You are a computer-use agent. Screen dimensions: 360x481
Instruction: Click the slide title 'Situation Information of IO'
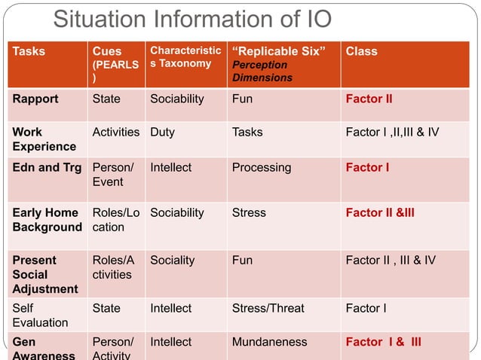click(192, 20)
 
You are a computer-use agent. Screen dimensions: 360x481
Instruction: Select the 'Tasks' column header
click(29, 52)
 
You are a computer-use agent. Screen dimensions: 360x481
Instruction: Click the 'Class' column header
click(361, 52)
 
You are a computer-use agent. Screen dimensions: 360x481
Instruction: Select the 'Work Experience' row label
click(44, 139)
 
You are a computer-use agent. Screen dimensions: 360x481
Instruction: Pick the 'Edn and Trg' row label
click(46, 167)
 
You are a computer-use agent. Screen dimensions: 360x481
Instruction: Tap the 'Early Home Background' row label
click(47, 220)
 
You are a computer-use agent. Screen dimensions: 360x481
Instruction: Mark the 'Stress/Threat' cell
click(268, 308)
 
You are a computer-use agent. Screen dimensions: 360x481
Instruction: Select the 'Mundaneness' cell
click(269, 342)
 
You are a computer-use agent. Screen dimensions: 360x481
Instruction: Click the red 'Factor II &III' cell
click(379, 212)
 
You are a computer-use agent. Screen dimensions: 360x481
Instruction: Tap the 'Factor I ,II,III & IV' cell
click(392, 132)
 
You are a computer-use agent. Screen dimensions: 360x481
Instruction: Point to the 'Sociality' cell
click(172, 260)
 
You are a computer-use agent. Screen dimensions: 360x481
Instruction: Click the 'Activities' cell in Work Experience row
click(115, 132)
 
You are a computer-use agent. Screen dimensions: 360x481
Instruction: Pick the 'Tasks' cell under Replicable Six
click(247, 132)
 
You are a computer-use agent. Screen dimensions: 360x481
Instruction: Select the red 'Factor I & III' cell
click(383, 342)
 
